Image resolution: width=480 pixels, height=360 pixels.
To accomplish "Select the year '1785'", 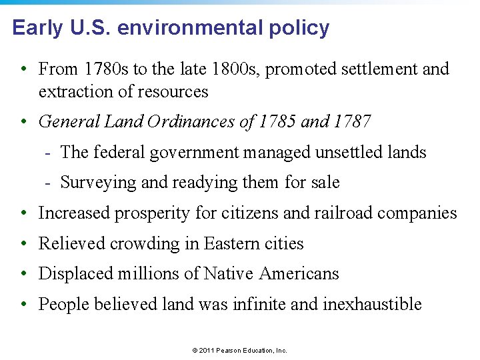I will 277,121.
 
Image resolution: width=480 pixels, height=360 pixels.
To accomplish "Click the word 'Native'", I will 229,273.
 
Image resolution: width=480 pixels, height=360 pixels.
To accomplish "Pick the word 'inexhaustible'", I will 372,304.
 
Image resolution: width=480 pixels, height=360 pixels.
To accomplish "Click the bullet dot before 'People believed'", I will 23,305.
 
